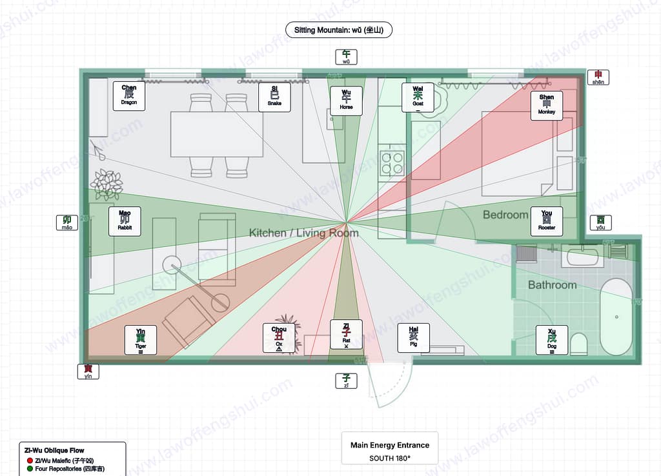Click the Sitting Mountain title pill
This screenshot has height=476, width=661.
pyautogui.click(x=339, y=30)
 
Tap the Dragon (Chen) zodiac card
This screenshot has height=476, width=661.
pyautogui.click(x=128, y=95)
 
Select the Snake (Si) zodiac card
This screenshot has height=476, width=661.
pyautogui.click(x=274, y=97)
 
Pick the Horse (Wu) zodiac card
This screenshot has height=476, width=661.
pyautogui.click(x=346, y=101)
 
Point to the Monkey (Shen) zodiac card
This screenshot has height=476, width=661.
pyautogui.click(x=546, y=105)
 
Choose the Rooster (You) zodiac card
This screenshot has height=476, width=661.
pyautogui.click(x=546, y=221)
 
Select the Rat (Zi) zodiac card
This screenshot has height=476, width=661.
pyautogui.click(x=346, y=335)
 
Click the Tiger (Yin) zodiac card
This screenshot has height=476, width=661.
pyautogui.click(x=140, y=340)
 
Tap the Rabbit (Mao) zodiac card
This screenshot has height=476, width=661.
pyautogui.click(x=125, y=221)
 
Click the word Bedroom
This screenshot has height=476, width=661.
pyautogui.click(x=505, y=215)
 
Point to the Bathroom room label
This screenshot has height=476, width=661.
pyautogui.click(x=552, y=284)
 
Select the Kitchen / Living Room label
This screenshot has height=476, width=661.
pyautogui.click(x=303, y=233)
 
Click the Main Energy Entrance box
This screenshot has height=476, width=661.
pyautogui.click(x=389, y=448)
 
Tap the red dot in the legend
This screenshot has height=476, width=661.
pyautogui.click(x=30, y=461)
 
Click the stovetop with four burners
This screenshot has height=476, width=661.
pyautogui.click(x=392, y=163)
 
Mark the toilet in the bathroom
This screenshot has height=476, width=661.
pyautogui.click(x=578, y=344)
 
